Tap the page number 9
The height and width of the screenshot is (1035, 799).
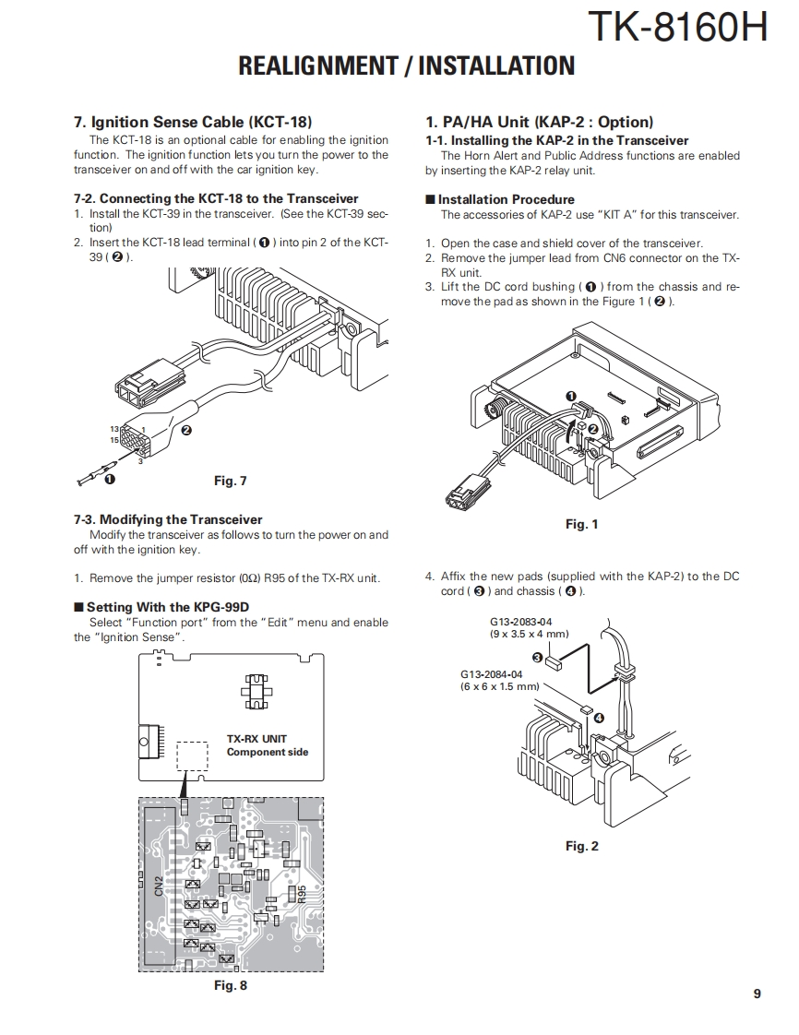pos(757,993)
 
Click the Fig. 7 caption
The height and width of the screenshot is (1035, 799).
pos(231,481)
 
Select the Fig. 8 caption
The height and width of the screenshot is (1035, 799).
pos(231,985)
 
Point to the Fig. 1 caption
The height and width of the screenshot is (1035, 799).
pos(581,524)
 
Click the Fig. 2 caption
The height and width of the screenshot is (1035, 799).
pos(581,846)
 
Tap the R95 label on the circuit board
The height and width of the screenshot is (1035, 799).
pos(301,895)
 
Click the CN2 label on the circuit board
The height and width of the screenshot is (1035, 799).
pos(159,886)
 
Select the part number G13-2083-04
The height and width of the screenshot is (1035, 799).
pos(521,622)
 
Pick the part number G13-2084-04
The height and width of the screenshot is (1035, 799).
pos(492,674)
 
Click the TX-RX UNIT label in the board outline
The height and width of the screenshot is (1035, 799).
pos(256,739)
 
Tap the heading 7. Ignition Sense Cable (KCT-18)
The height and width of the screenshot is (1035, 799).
pos(193,122)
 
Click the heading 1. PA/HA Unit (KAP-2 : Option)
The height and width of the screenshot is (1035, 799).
pos(539,122)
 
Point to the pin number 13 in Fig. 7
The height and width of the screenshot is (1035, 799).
pos(114,430)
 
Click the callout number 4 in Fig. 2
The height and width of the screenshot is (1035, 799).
pos(599,717)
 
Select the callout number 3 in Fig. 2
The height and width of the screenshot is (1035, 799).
pos(538,656)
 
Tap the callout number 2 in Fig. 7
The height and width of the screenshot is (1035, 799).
pos(186,430)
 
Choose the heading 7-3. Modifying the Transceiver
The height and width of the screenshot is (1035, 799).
pos(168,519)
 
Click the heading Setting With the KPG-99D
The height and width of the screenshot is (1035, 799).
pos(167,607)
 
